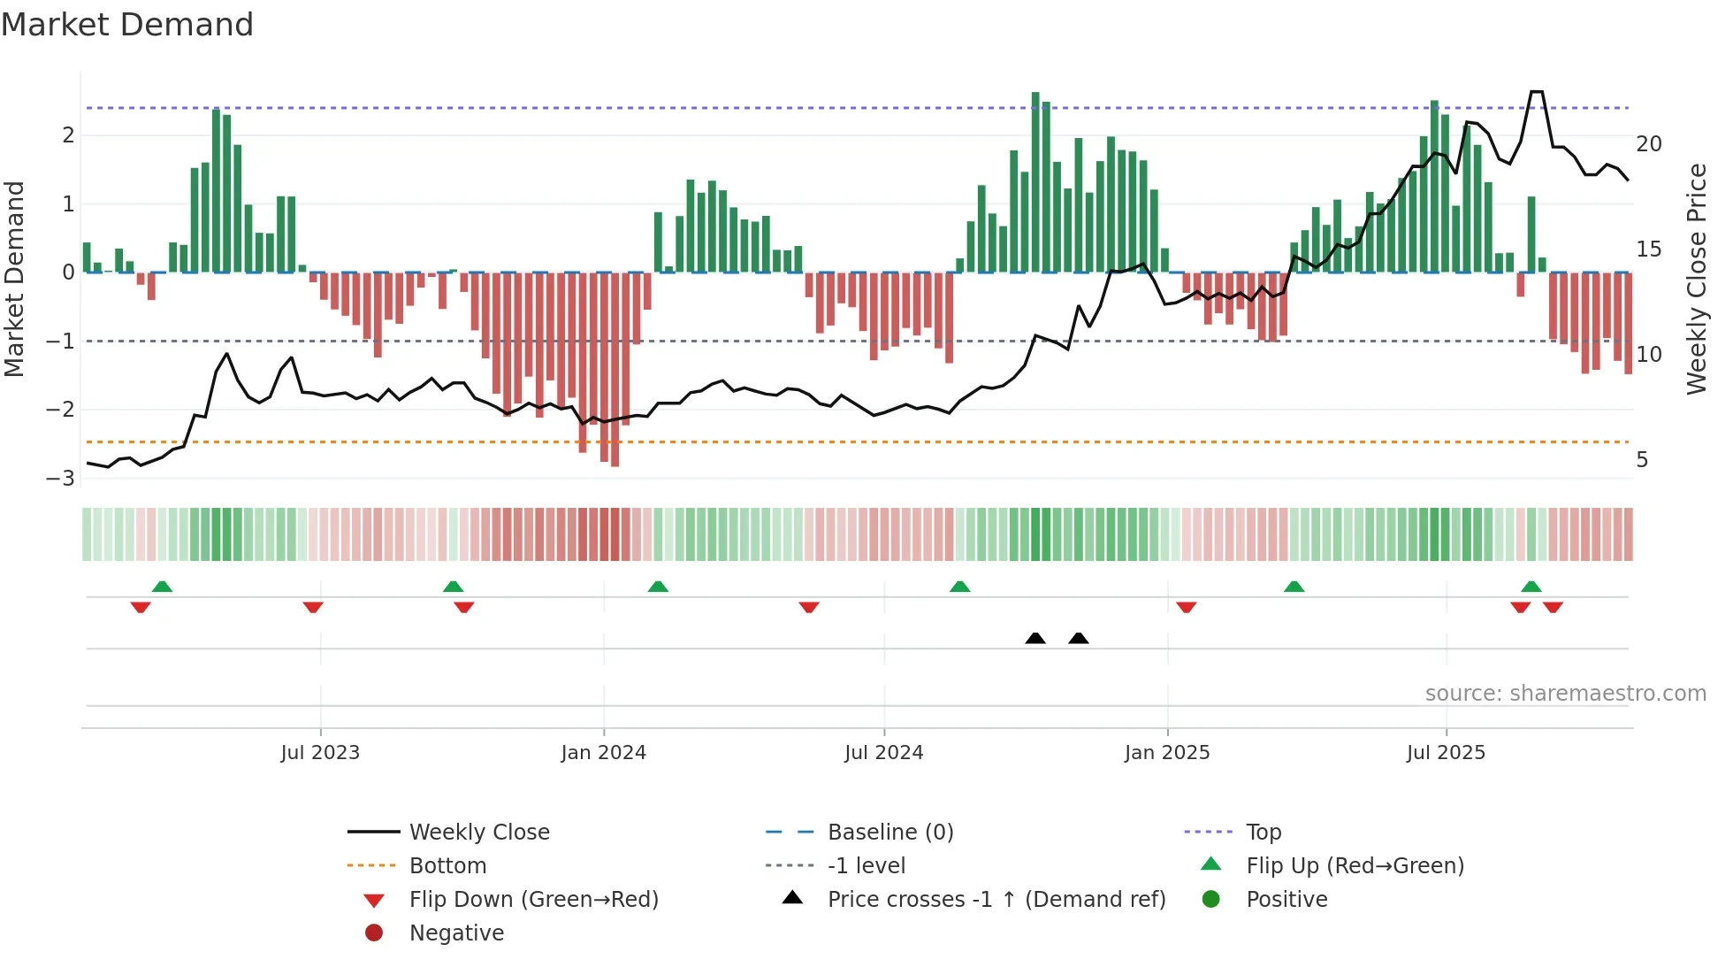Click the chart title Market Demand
127,25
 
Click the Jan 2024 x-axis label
603,753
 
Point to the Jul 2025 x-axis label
1446,753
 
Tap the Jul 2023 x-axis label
320,753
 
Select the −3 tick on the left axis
60,479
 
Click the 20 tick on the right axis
1648,144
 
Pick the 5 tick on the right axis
1642,460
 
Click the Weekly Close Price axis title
1696,279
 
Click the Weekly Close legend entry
478,833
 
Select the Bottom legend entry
447,866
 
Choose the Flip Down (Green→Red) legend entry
533,900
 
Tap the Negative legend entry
456,933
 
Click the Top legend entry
1263,833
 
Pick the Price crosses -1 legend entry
996,900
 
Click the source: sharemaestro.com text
1565,694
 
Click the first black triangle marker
1035,639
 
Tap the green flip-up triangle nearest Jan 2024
658,587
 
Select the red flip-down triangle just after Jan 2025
1187,607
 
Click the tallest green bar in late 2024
1035,181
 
